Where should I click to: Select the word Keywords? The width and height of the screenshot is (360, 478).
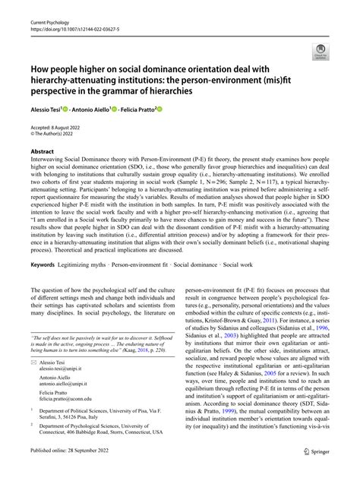(43, 264)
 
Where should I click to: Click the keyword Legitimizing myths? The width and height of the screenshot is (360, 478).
(87, 264)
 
